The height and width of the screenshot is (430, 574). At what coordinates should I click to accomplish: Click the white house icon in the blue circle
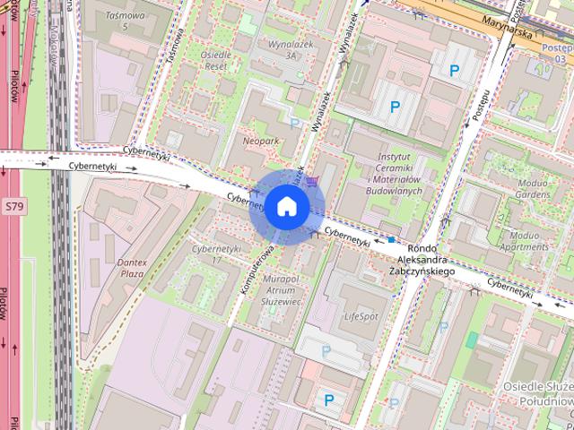(x=286, y=207)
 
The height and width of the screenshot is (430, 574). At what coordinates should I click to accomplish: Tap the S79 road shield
(x=13, y=205)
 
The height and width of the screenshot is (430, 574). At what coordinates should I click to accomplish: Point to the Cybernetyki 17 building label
(x=217, y=254)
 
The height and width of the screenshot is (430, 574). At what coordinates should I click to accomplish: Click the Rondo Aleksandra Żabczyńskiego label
(x=421, y=260)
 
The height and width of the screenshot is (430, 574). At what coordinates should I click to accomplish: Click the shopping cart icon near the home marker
(x=311, y=182)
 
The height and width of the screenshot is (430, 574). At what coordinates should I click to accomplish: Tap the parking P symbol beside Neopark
(x=295, y=123)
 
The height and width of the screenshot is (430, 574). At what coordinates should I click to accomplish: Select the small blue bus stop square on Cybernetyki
(x=392, y=240)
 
